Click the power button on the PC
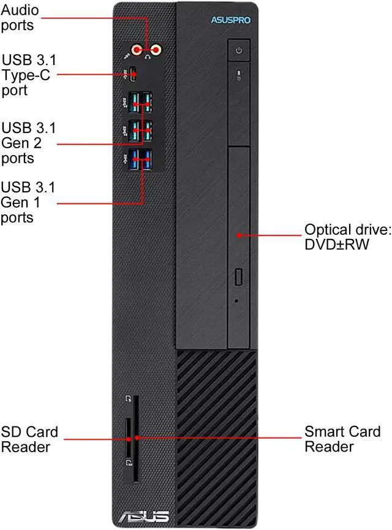[x=238, y=50]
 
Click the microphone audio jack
[x=138, y=50]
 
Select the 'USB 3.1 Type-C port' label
[x=28, y=75]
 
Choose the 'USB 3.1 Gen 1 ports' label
[x=28, y=202]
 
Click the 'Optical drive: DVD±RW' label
[x=347, y=237]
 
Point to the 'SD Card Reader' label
[x=29, y=439]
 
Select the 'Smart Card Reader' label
[x=342, y=439]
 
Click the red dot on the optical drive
[x=238, y=234]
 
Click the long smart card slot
[x=136, y=437]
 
